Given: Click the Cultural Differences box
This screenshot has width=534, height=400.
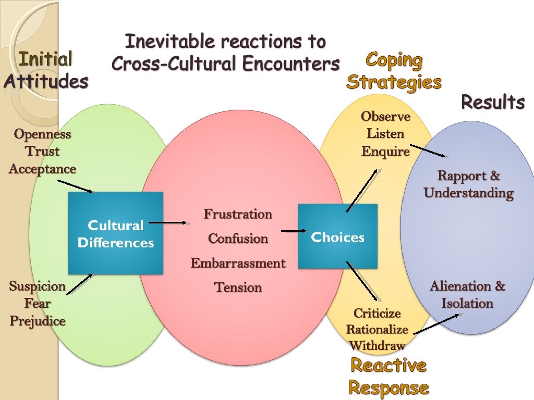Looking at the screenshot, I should pos(115,233).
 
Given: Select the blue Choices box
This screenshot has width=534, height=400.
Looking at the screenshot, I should pos(337,236).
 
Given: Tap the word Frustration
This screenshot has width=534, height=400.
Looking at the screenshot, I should pos(238,214).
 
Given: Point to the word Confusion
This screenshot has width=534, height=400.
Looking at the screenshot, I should pos(238,239).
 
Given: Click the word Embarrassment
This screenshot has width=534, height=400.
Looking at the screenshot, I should pos(238,263).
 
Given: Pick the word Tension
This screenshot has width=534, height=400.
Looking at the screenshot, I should pos(238,287).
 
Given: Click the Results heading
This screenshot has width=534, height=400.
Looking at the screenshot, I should pos(493,102).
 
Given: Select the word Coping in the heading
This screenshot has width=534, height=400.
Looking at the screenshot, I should pos(394,60).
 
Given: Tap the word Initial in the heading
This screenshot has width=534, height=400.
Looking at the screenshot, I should pos(45,59).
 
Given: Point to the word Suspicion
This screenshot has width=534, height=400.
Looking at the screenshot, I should pos(38,286).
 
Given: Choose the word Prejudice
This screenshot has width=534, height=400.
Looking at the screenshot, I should pos(38,321).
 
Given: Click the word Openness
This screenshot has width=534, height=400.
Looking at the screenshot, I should pos(42,134).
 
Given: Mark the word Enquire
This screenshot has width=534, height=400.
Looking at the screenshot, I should pos(385,152).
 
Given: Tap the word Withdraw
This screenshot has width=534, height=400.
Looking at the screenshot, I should pos(377,345).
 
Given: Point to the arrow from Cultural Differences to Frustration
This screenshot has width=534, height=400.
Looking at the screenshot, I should pos(171,223).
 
